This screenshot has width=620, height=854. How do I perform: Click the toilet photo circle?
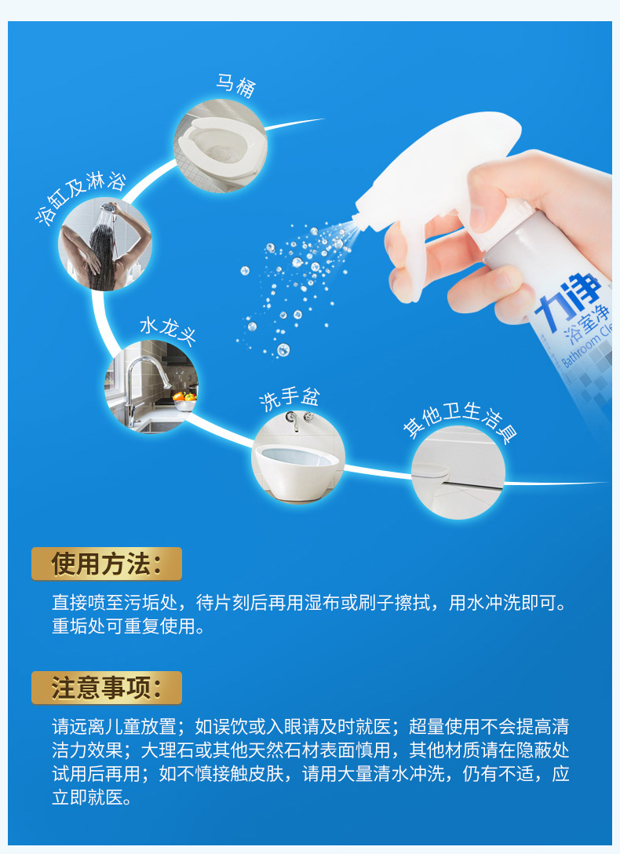[221, 146]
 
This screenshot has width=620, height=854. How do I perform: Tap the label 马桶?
[235, 86]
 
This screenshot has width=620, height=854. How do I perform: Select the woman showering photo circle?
[105, 244]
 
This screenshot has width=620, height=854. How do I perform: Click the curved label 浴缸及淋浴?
[80, 197]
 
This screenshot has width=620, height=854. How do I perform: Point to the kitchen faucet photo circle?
[151, 387]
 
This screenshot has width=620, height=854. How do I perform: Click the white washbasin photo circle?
[297, 456]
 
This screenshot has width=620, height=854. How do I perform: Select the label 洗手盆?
[289, 400]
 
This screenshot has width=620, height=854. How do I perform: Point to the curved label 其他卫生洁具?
[460, 423]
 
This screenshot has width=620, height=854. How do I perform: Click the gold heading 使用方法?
[107, 564]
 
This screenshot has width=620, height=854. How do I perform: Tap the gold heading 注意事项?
[107, 688]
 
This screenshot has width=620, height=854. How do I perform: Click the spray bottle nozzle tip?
[356, 219]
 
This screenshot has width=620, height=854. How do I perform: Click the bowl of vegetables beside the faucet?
[184, 401]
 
